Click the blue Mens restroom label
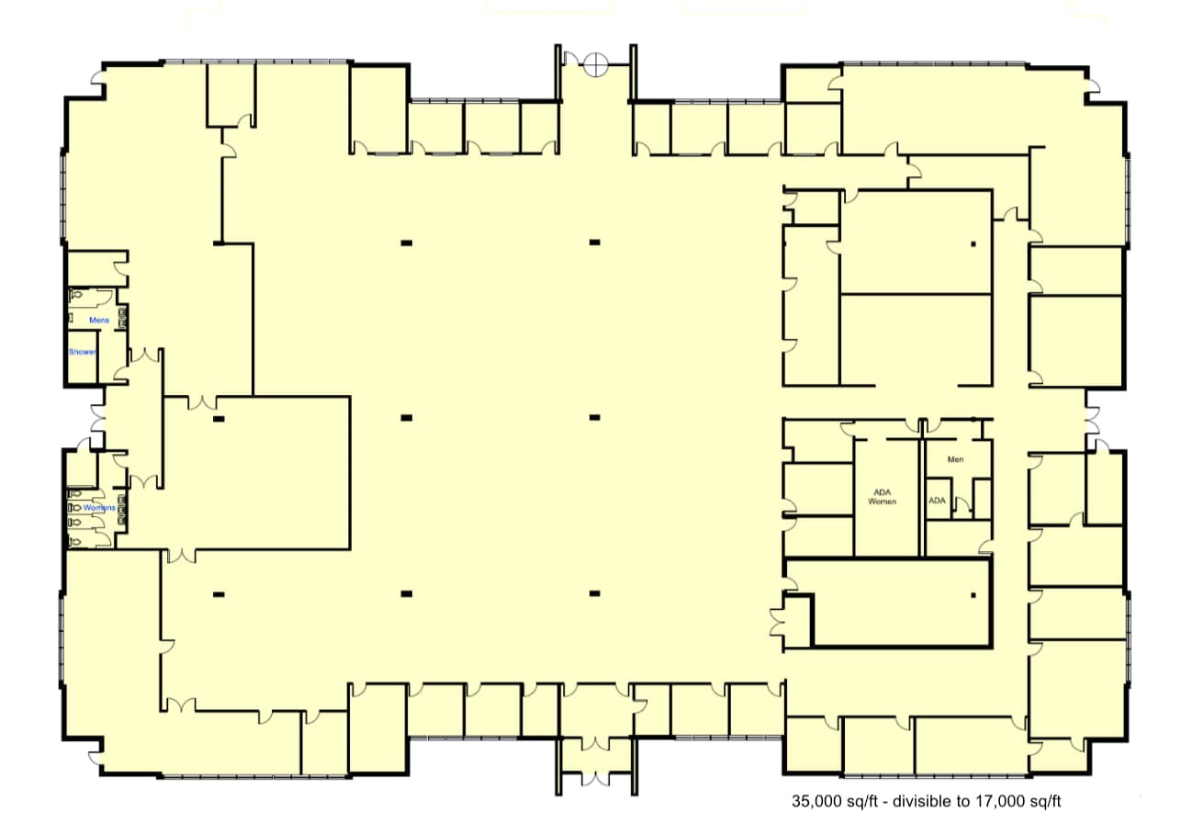pos(99,320)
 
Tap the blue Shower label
pos(82,352)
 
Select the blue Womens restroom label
pos(99,508)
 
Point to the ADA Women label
pos(882,497)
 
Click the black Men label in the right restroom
pos(955,459)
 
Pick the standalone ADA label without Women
pos(937,501)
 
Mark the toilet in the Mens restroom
pos(77,296)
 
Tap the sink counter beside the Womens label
pos(122,508)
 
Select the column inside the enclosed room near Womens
pos(219,419)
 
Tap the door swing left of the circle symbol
pos(569,61)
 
